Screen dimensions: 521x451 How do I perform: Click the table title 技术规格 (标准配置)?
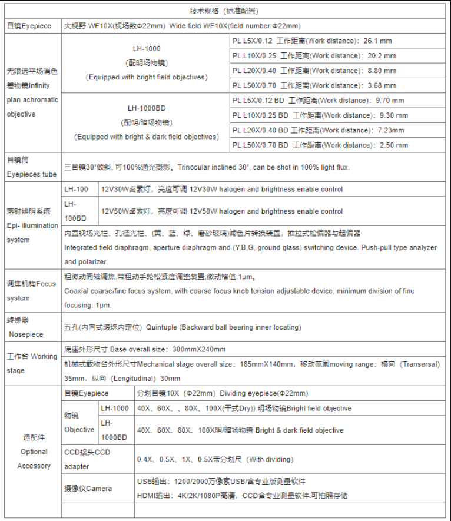224,11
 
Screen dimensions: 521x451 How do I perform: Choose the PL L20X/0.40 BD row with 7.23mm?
318,130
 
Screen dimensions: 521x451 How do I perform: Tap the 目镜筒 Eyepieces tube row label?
32,167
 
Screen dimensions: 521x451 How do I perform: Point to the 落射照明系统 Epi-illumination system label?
32,225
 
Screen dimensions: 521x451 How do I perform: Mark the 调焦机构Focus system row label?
32,291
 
